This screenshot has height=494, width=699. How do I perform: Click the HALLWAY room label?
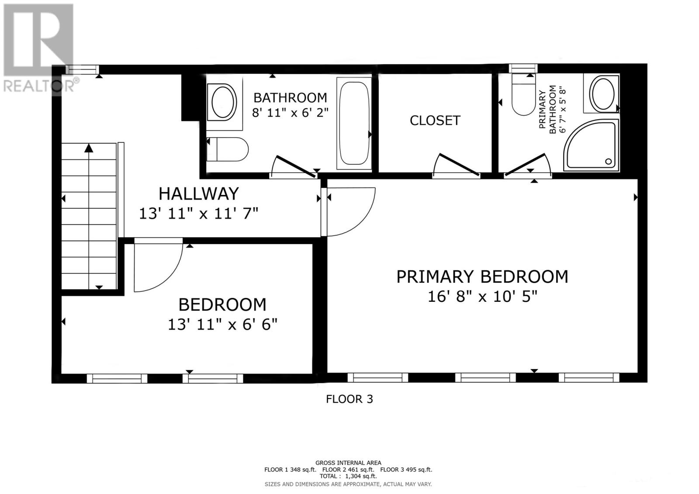(198, 193)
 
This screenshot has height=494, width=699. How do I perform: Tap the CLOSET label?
(435, 121)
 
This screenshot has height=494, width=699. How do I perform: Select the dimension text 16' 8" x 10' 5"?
(482, 297)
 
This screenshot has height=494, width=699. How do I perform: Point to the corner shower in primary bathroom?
(591, 145)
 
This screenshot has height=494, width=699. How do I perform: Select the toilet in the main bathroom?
(228, 149)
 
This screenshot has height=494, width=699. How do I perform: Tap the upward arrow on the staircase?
(89, 149)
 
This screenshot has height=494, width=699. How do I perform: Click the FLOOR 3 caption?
(349, 399)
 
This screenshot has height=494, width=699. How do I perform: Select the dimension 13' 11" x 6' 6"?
(222, 325)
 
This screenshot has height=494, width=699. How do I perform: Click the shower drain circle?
(608, 162)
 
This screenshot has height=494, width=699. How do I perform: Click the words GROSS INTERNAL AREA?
(348, 463)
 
